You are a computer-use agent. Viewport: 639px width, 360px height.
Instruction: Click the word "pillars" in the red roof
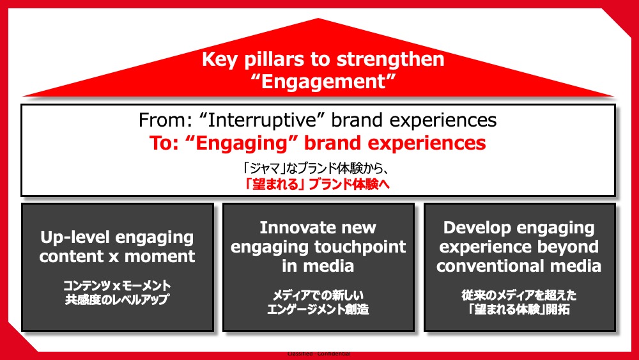pyautogui.click(x=274, y=60)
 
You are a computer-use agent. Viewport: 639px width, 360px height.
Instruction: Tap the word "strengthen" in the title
pyautogui.click(x=391, y=59)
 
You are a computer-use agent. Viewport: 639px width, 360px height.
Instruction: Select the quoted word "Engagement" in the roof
pyautogui.click(x=323, y=82)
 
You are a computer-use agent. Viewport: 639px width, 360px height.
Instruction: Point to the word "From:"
pyautogui.click(x=165, y=120)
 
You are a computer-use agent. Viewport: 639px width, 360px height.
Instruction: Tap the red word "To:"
pyautogui.click(x=164, y=143)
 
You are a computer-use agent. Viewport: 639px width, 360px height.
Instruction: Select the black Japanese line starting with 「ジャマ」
pyautogui.click(x=315, y=168)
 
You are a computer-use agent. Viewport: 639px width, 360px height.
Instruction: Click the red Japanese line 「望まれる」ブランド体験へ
pyautogui.click(x=317, y=184)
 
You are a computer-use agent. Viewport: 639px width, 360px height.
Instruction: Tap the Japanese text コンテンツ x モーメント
pyautogui.click(x=117, y=285)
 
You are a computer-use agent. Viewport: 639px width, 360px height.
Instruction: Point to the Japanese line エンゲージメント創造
pyautogui.click(x=318, y=309)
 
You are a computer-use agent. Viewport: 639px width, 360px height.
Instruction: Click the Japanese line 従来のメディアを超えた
pyautogui.click(x=519, y=295)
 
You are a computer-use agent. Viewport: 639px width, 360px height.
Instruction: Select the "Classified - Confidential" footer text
pyautogui.click(x=319, y=354)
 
